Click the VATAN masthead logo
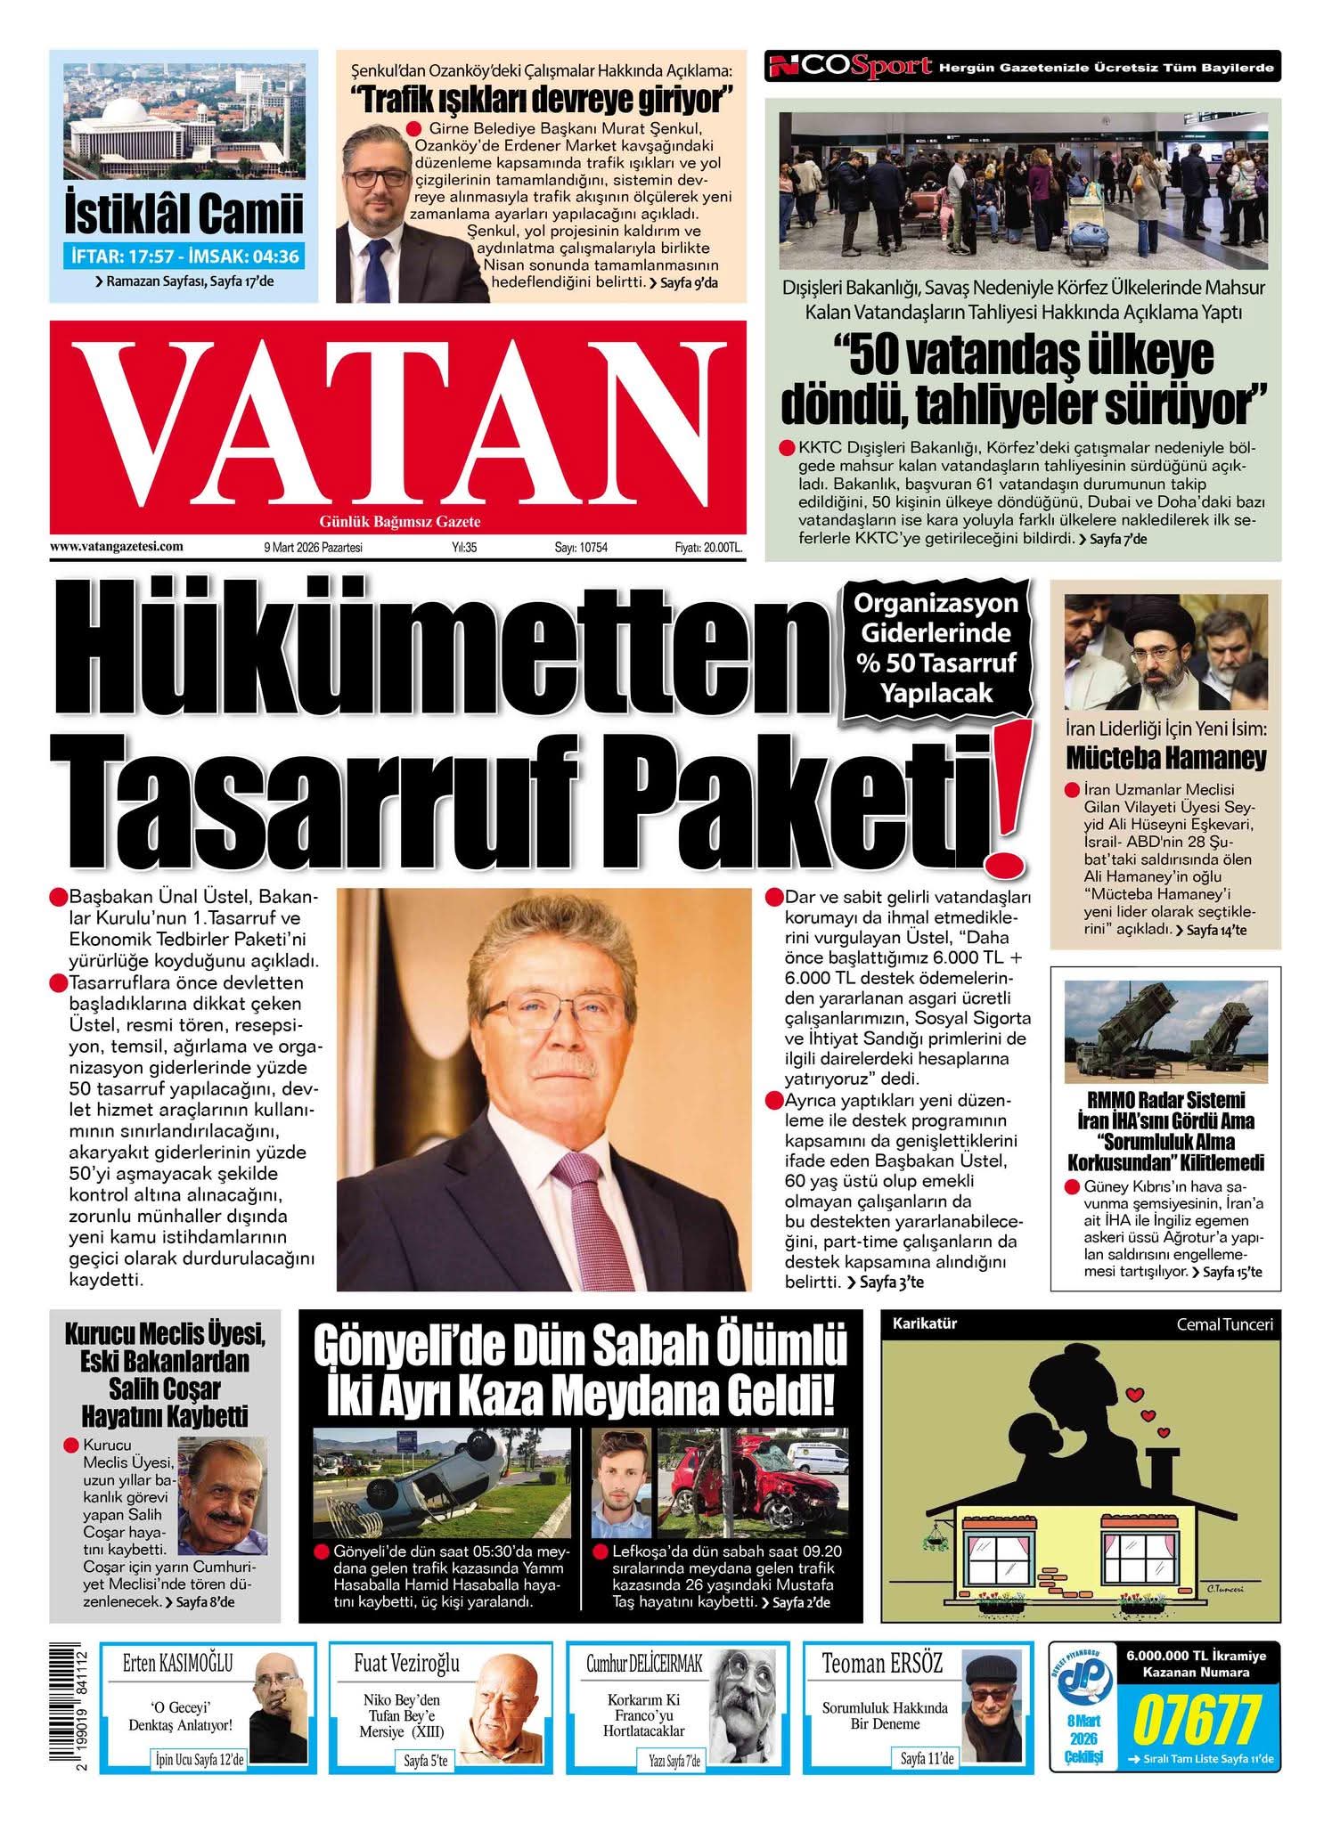[396, 422]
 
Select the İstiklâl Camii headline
[184, 214]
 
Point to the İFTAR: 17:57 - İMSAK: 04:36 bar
[184, 256]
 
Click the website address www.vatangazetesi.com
[117, 547]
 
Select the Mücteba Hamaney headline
[1165, 759]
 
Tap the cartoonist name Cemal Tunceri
[1224, 1324]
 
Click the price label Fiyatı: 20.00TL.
[708, 548]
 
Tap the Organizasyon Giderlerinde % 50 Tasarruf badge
[936, 648]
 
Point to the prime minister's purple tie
[579, 1212]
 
